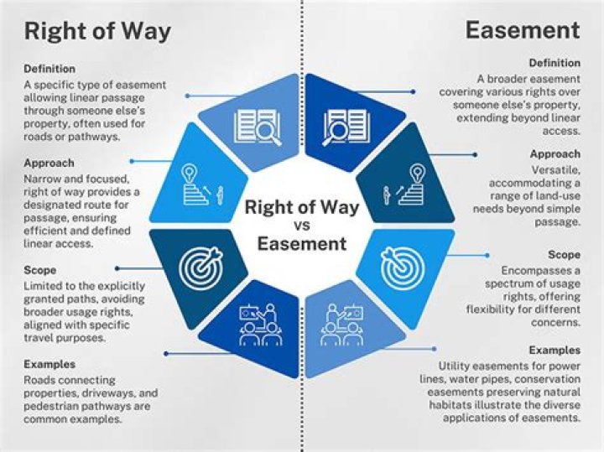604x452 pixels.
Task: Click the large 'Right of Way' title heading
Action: (97, 32)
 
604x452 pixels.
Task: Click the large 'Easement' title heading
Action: (523, 31)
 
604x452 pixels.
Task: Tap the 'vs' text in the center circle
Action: (302, 226)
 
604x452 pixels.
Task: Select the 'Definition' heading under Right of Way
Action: (49, 69)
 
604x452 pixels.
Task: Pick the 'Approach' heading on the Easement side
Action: (555, 154)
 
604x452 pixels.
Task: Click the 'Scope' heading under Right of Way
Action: (40, 271)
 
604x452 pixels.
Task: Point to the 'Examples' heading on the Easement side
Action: (554, 350)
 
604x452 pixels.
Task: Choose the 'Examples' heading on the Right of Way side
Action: (49, 365)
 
